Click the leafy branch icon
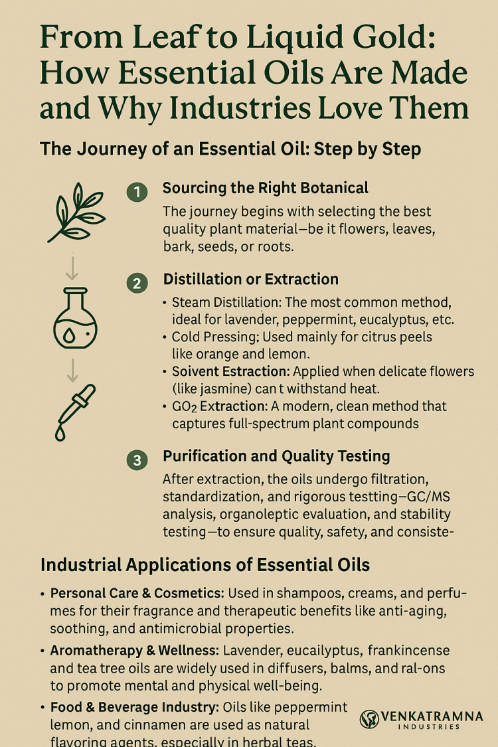76,212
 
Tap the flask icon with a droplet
75,318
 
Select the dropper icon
75,412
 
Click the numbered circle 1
137,192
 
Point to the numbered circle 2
137,284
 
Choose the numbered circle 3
137,460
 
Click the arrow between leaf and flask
72,268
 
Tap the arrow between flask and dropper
72,370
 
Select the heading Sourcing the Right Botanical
266,188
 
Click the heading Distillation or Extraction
251,279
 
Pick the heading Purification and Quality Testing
276,456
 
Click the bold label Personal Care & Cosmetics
137,594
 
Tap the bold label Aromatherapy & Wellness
134,651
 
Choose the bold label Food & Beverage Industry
134,707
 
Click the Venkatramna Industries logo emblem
369,719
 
